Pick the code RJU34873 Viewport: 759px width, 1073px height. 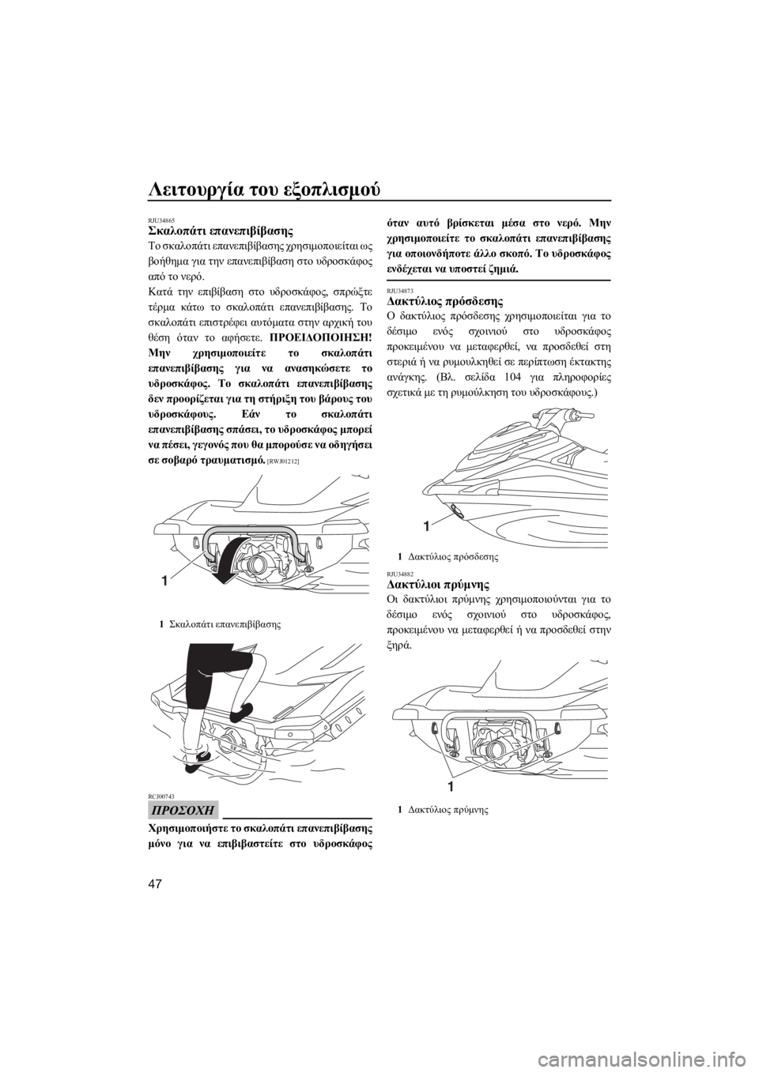(x=398, y=292)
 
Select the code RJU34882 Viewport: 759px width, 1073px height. (x=398, y=574)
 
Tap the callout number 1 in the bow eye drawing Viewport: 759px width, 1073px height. (x=426, y=527)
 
